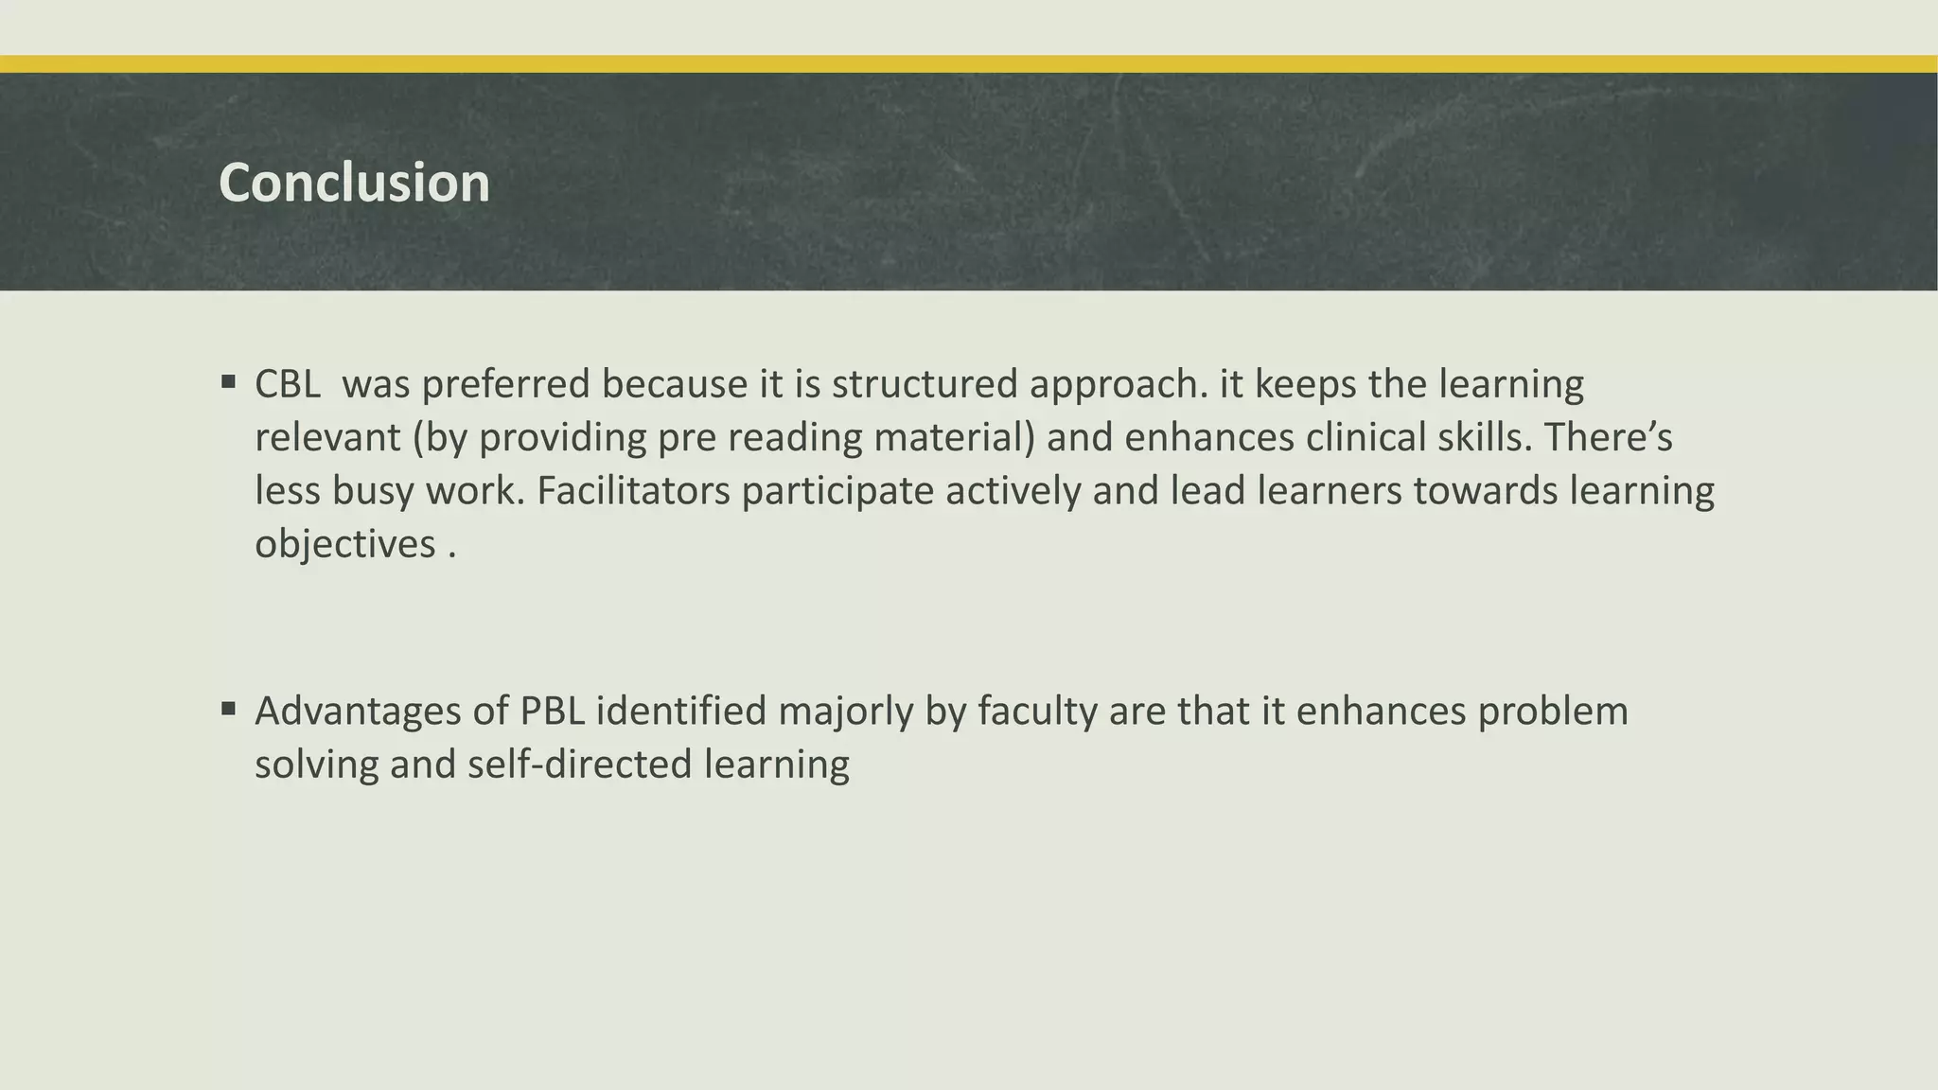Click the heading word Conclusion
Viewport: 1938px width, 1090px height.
pos(354,183)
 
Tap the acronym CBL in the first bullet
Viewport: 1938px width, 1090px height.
pos(288,384)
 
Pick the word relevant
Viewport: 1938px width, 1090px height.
pos(326,438)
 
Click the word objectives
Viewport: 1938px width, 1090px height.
pos(345,544)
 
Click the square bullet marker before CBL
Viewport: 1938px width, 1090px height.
pos(228,382)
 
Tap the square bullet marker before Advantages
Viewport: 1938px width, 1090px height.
pos(228,709)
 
